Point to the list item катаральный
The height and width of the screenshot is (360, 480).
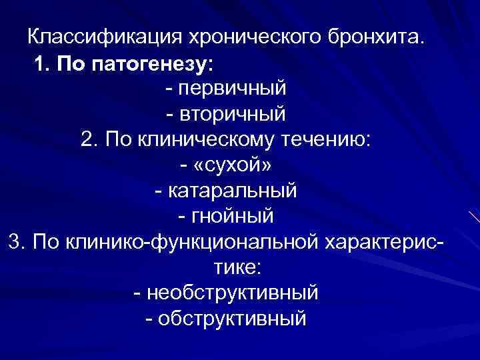point(233,191)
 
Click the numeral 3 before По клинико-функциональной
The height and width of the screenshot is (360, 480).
point(15,241)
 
